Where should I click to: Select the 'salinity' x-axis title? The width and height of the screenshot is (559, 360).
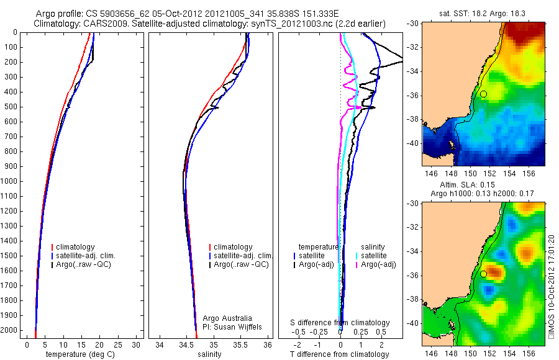(x=209, y=354)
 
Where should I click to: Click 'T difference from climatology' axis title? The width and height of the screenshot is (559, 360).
(x=340, y=354)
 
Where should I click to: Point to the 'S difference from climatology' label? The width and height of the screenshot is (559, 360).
(x=340, y=323)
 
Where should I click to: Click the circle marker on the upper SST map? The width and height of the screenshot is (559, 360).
(x=483, y=94)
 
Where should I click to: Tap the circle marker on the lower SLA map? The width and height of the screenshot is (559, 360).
(x=483, y=274)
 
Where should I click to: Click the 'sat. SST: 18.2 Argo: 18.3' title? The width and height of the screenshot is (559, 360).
(x=476, y=13)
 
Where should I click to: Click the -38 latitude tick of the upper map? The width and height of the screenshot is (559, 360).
(x=414, y=118)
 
